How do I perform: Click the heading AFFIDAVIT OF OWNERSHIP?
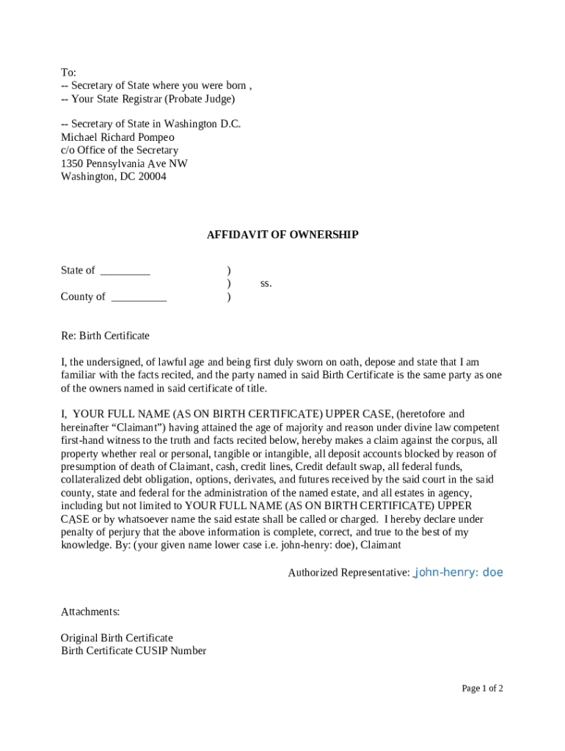point(282,235)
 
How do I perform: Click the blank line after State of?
point(125,271)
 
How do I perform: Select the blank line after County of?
point(139,297)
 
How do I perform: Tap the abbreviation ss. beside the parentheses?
point(266,283)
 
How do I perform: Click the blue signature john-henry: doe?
point(459,572)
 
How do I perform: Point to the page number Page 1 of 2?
point(482,688)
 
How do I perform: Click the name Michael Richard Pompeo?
point(117,137)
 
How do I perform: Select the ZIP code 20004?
point(152,176)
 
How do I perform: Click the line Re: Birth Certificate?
point(105,336)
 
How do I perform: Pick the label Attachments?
point(90,612)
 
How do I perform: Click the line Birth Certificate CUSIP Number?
point(134,651)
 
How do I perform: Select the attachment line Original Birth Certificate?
point(117,638)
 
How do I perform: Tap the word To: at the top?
point(68,73)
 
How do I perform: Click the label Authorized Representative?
point(349,573)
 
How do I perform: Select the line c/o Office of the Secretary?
point(120,150)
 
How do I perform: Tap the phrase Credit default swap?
point(338,467)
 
